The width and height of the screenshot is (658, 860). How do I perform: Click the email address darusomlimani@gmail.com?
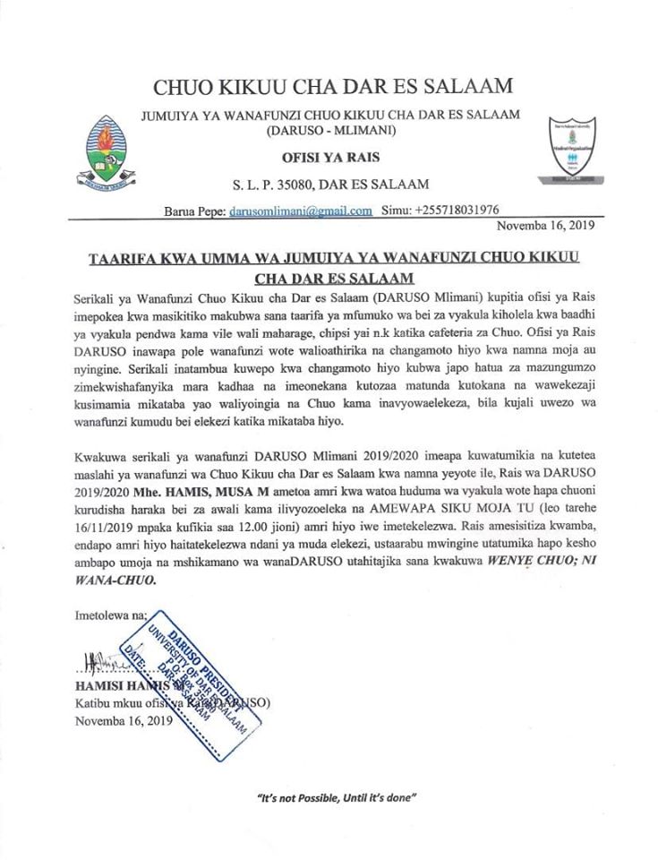[x=300, y=211]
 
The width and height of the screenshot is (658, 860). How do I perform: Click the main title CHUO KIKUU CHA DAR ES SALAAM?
[x=333, y=87]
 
